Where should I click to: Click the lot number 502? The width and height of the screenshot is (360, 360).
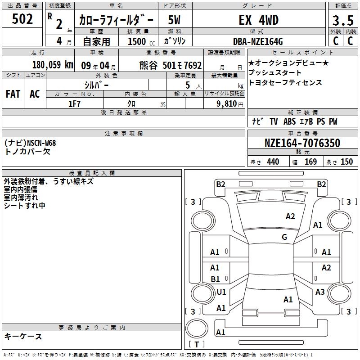point(22,19)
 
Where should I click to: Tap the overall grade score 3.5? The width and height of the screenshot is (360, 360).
point(343,20)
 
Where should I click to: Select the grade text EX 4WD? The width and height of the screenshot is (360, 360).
point(259,20)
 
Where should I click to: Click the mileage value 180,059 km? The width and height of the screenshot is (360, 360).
point(53,65)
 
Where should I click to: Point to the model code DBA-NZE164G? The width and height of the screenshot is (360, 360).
point(258,41)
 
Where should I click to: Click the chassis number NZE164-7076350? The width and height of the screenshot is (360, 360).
point(302,143)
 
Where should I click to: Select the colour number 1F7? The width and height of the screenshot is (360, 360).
point(75,104)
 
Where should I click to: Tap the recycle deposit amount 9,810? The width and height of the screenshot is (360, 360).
point(227,104)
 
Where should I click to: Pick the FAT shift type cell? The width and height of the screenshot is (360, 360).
point(13,94)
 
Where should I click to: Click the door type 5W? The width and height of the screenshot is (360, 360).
point(174,20)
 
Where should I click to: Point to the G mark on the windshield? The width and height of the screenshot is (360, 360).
point(284,237)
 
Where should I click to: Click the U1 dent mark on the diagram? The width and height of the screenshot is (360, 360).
point(221,292)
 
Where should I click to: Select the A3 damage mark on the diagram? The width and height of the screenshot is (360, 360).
point(320,292)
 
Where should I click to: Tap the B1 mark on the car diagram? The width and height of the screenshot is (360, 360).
point(215,279)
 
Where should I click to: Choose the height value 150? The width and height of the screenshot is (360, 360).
point(346,162)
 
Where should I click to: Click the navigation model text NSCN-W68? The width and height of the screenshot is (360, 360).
point(41,143)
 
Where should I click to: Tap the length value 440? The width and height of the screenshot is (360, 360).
point(273,162)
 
